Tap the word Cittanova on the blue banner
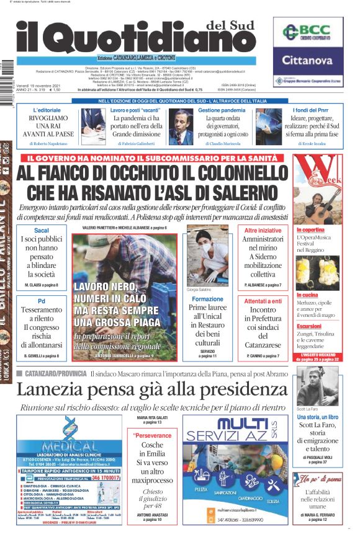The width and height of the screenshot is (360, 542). (308, 60)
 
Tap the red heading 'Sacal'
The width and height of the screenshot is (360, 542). (42, 230)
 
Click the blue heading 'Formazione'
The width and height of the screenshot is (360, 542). (207, 299)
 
